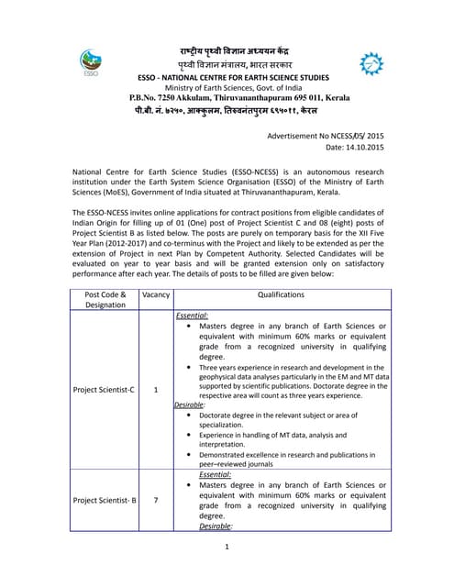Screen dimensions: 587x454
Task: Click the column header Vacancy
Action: pos(155,295)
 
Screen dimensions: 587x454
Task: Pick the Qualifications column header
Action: pos(280,295)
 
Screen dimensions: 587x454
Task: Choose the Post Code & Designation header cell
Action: pos(105,301)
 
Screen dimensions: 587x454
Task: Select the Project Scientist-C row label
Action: pos(104,390)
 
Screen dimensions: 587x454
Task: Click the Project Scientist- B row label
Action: pos(105,500)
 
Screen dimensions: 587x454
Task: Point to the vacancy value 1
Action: pos(155,390)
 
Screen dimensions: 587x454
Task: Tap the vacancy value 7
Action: pos(155,500)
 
